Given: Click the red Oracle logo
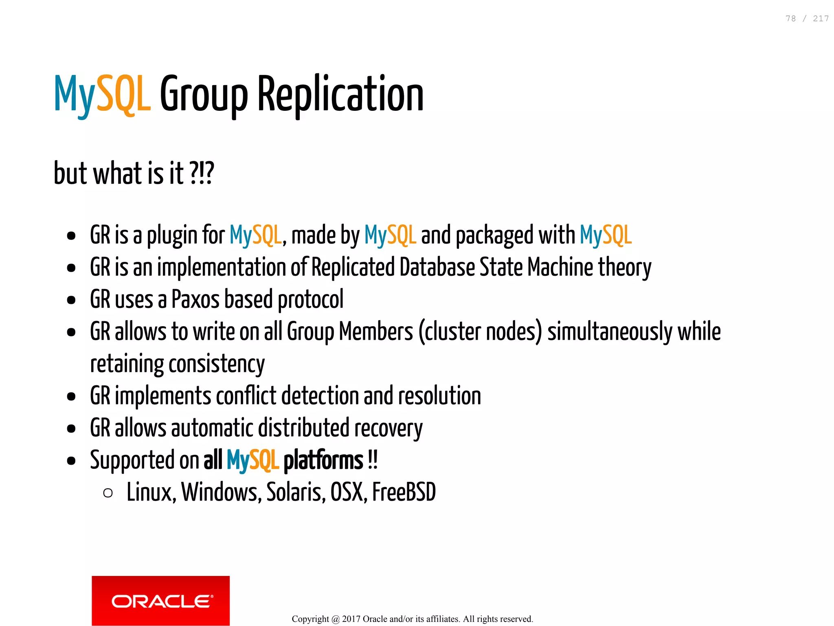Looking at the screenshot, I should pos(160,600).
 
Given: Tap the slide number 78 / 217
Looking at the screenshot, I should pos(807,19).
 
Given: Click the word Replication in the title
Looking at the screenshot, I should pos(340,94).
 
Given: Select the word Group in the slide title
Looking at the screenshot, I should pos(204,94).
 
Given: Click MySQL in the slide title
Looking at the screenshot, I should pos(102,94).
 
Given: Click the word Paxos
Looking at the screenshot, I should pos(195,299).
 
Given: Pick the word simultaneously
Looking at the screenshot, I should pos(610,332).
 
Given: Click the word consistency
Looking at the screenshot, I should pos(216,364).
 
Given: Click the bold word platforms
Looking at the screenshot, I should pos(323,460).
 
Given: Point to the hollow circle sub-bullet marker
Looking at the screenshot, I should pos(108,493).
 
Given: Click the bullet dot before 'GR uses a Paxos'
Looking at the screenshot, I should pos(71,300).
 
